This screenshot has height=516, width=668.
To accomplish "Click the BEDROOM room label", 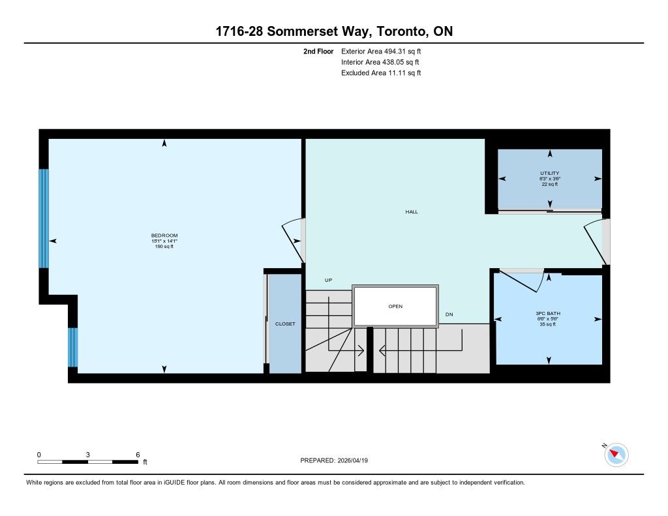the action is pyautogui.click(x=164, y=235).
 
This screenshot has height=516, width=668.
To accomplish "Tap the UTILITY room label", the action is pyautogui.click(x=549, y=174).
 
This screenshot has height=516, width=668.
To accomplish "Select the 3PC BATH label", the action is pyautogui.click(x=548, y=314).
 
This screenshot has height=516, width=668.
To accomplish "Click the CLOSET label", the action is pyautogui.click(x=285, y=324).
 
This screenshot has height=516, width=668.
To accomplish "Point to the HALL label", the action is pyautogui.click(x=412, y=212).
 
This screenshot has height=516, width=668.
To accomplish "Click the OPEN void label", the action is pyautogui.click(x=395, y=307).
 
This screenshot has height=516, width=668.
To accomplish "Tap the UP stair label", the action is pyautogui.click(x=329, y=280).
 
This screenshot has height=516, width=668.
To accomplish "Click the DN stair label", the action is pyautogui.click(x=449, y=314).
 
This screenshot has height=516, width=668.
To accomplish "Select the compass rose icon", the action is pyautogui.click(x=616, y=455).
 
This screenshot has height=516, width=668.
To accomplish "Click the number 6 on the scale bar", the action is pyautogui.click(x=138, y=455).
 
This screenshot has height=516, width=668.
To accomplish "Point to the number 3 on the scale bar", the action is pyautogui.click(x=88, y=455).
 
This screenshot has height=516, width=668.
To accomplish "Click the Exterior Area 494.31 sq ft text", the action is pyautogui.click(x=381, y=52).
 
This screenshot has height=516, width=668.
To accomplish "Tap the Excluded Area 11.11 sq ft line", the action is pyautogui.click(x=381, y=73).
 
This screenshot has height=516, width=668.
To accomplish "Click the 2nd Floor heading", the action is pyautogui.click(x=318, y=52).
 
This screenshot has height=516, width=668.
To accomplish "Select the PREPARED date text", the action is pyautogui.click(x=334, y=460).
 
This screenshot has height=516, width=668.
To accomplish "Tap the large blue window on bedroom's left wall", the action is pyautogui.click(x=44, y=219).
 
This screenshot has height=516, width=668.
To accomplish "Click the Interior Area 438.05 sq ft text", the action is pyautogui.click(x=380, y=62).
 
